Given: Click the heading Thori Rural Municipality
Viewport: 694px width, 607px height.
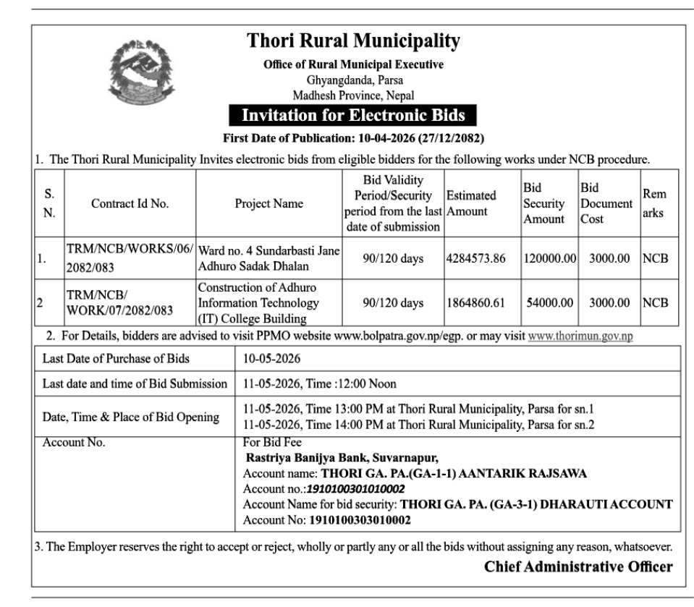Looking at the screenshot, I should point(353,41).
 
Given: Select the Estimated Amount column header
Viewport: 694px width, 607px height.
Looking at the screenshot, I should point(472,203).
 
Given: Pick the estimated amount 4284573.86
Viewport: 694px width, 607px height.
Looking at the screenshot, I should point(475,258).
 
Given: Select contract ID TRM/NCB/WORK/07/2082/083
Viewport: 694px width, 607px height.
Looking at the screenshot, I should point(116,303).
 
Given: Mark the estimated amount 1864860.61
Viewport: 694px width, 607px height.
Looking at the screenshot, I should point(475,303).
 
